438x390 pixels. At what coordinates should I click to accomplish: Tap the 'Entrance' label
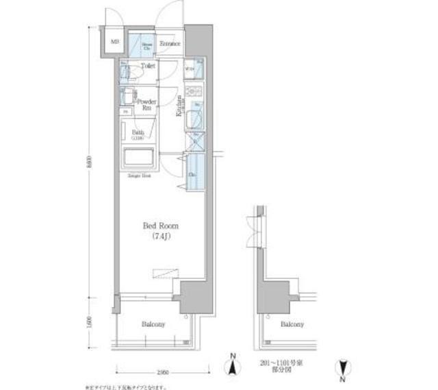click(170, 45)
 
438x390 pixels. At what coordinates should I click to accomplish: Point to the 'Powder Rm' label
click(148, 104)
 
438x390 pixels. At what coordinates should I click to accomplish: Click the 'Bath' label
click(137, 134)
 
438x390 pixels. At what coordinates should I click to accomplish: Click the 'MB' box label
click(115, 41)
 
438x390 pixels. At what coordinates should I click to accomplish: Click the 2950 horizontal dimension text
click(162, 371)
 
